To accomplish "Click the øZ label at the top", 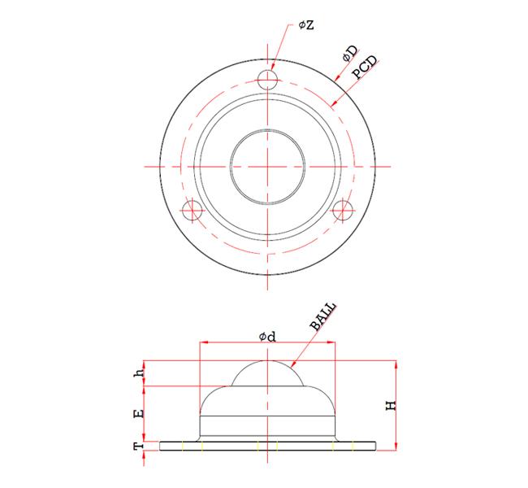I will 306,26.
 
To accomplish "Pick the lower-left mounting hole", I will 192,210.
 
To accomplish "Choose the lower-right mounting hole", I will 343,210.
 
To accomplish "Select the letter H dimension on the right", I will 390,404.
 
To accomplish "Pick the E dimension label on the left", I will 140,414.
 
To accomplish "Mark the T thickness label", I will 140,446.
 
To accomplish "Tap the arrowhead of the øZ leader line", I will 274,70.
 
